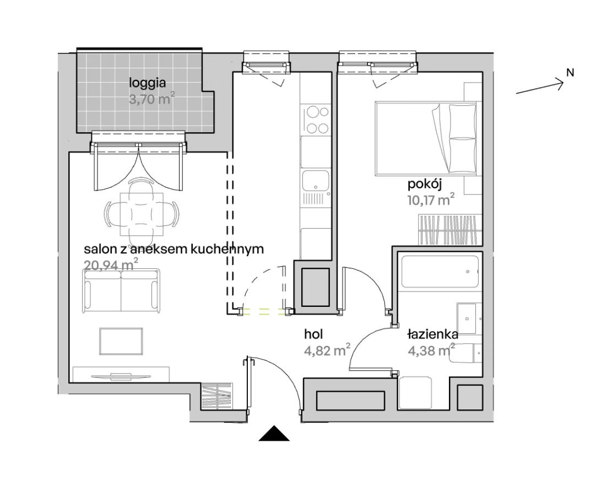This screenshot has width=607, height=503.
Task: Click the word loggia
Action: point(147,83)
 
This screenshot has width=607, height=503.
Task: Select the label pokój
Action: point(425,185)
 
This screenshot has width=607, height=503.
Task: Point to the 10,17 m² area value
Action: point(431,200)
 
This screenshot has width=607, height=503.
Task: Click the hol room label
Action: point(313,334)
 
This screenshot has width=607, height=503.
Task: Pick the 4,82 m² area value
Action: point(327,350)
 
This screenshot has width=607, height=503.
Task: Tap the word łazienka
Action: point(433,334)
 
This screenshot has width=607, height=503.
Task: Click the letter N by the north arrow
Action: point(570,72)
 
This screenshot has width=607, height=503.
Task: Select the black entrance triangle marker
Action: point(274,433)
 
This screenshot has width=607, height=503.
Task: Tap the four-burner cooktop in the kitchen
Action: point(316,120)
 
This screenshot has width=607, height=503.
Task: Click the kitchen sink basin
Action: point(316,181)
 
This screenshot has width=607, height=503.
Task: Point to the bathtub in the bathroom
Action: point(440,271)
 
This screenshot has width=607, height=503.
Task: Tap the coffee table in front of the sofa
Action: point(121,341)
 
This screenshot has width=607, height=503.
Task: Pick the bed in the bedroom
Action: point(426,138)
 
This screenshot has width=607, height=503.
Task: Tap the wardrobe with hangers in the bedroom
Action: point(450,230)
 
